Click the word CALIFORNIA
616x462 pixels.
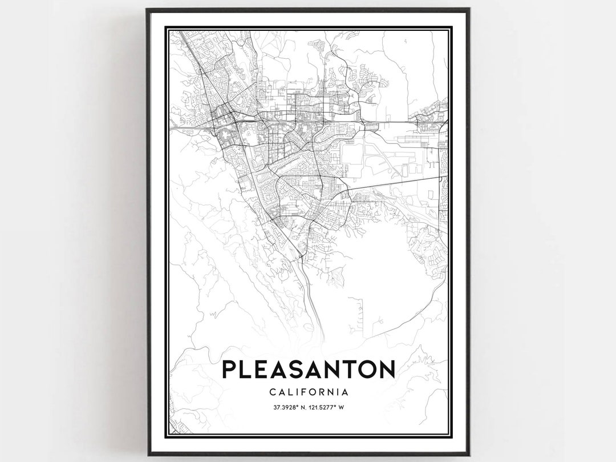(x=308, y=392)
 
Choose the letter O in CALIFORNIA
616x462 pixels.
(x=314, y=392)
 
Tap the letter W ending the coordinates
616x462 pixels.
(x=345, y=407)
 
